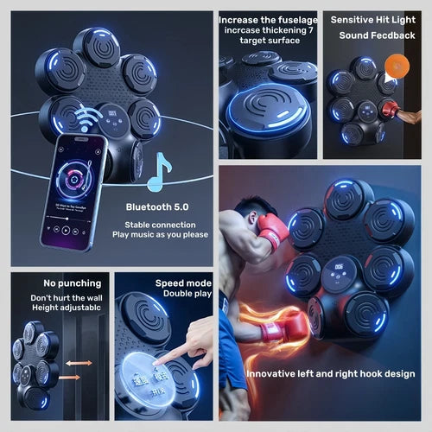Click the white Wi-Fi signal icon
pyautogui.click(x=90, y=118)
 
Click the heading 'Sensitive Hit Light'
pyautogui.click(x=372, y=18)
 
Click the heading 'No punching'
pyautogui.click(x=71, y=283)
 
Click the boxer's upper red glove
pyautogui.click(x=273, y=232)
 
